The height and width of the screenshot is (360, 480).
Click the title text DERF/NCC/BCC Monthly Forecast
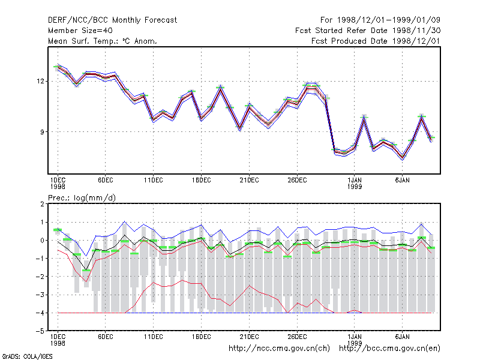click(112, 20)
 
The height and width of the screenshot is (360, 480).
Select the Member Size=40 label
click(80, 31)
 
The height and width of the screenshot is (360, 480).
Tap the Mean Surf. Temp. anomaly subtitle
click(103, 41)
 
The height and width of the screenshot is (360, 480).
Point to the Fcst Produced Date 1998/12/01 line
click(376, 41)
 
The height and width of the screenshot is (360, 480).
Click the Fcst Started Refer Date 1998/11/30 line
click(368, 31)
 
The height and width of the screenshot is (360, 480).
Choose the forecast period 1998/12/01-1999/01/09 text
click(380, 20)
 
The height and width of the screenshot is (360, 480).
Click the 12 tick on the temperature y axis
click(40, 81)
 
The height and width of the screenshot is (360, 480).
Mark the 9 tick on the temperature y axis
click(42, 132)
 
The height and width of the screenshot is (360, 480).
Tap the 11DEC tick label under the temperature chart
click(154, 181)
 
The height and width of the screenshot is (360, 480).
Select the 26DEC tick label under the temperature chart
click(297, 181)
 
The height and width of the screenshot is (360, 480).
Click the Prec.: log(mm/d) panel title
click(82, 198)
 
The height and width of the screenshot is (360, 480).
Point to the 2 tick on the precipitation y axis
click(42, 204)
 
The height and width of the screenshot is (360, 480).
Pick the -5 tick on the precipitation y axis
click(40, 331)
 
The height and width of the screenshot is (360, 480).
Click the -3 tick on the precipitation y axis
click(40, 295)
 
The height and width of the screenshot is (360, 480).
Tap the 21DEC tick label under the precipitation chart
click(249, 337)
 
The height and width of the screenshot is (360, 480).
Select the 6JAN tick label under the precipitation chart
click(402, 337)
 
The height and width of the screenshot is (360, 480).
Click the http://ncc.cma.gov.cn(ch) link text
click(279, 349)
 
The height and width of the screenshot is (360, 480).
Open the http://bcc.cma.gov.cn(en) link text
click(389, 349)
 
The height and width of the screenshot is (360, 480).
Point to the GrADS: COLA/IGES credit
click(27, 356)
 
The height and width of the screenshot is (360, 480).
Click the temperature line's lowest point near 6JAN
click(403, 158)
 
